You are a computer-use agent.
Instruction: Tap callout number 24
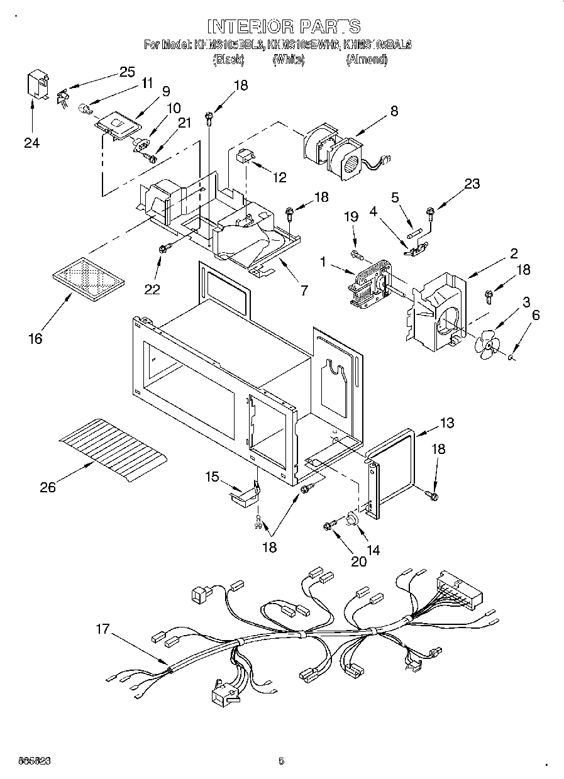tap(31, 143)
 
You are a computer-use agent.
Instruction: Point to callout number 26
tap(48, 487)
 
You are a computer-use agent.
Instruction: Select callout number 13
tap(446, 423)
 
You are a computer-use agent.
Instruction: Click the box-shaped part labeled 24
tap(38, 86)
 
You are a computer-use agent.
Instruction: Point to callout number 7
tap(304, 290)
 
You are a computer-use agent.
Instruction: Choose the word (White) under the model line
tap(289, 60)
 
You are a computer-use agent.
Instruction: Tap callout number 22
tap(152, 289)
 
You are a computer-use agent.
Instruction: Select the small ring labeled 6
tap(512, 357)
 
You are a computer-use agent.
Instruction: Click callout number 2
tap(514, 253)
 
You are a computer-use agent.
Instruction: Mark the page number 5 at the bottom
tap(282, 761)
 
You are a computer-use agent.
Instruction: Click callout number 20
tap(358, 562)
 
